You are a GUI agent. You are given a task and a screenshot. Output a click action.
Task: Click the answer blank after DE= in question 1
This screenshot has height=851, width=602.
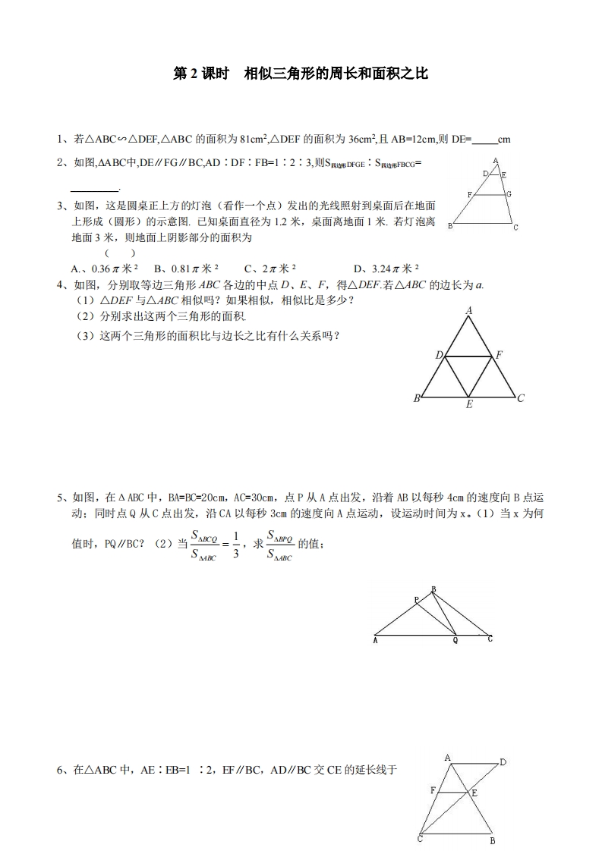[485, 140]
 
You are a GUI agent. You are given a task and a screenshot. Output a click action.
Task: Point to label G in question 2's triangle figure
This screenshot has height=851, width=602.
[509, 194]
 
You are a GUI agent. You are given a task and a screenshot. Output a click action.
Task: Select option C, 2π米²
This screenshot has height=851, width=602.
[270, 268]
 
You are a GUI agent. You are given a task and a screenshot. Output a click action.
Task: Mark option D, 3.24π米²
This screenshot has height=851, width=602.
[386, 268]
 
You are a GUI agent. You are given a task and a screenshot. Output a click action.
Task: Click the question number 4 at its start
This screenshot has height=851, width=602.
[61, 284]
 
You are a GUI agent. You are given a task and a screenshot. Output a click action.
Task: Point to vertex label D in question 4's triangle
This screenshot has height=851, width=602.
[439, 355]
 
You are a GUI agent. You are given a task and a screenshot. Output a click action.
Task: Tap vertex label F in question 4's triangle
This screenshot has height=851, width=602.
[499, 355]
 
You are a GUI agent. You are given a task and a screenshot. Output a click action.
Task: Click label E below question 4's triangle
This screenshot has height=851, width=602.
[469, 405]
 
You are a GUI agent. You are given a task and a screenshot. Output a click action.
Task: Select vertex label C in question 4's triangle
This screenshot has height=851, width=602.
[521, 397]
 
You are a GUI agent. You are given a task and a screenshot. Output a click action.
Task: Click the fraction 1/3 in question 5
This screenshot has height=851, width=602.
[235, 546]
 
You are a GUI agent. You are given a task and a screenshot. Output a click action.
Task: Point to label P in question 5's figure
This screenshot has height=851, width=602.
[417, 600]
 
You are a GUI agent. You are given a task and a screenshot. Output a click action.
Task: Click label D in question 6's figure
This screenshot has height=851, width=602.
[503, 762]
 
